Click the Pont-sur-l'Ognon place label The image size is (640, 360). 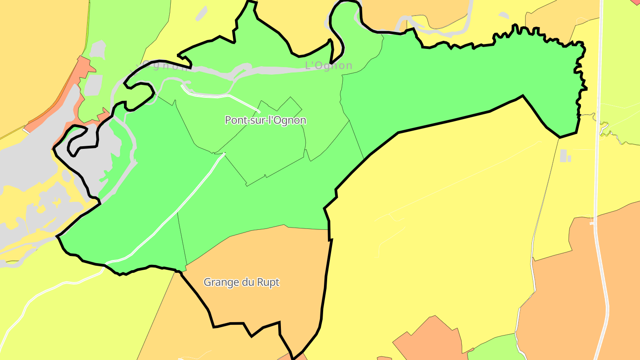265,120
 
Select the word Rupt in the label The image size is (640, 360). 268,282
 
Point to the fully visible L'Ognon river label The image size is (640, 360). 328,66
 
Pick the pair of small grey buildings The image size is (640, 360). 565,156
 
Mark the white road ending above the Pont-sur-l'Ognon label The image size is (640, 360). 222,96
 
